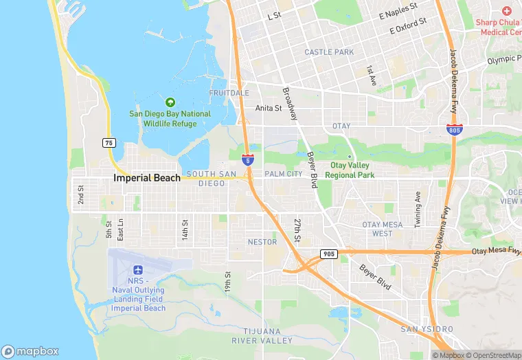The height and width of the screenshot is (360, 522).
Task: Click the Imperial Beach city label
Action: (x=147, y=178)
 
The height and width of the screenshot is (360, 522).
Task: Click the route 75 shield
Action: (x=109, y=143)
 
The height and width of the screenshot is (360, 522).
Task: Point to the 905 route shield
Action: (x=329, y=254)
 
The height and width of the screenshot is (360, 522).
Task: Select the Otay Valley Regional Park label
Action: (x=350, y=170)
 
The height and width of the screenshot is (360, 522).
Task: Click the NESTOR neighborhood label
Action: (x=262, y=242)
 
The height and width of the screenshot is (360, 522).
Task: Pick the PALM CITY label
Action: (x=283, y=174)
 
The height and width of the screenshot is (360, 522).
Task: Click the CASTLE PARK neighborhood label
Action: (x=329, y=52)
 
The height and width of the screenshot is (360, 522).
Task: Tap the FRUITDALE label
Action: (x=229, y=93)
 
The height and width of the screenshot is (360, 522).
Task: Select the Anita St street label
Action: (x=269, y=108)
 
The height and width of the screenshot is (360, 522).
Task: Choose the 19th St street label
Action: (x=227, y=280)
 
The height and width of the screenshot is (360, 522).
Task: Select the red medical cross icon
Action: (x=506, y=11)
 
